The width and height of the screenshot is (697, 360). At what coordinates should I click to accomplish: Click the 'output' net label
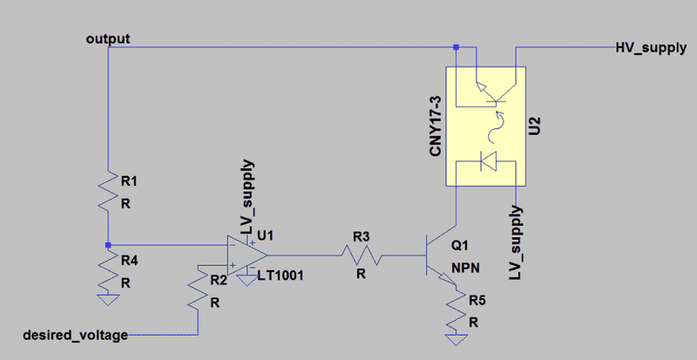108,40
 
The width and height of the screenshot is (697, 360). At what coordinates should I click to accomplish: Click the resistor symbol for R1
107,190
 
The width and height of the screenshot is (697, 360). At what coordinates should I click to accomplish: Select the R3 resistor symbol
362,255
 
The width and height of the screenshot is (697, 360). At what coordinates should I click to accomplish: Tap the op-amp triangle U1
247,255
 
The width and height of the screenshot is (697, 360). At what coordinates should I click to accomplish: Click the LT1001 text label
280,276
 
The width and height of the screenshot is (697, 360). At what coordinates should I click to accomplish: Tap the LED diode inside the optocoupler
489,161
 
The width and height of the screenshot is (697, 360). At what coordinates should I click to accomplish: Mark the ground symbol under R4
107,299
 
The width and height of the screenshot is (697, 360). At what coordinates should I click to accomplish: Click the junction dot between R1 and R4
107,245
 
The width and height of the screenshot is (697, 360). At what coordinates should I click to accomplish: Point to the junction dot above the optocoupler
468,47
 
